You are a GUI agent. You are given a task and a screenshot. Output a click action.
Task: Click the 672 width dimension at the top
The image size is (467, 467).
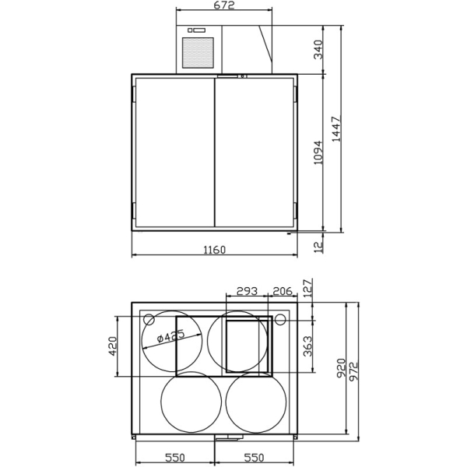(225, 5)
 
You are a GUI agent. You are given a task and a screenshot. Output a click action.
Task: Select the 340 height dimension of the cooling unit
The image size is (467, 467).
(318, 51)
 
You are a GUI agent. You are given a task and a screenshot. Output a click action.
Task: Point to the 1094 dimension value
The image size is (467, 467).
(318, 153)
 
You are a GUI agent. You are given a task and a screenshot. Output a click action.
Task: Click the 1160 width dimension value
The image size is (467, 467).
(214, 250)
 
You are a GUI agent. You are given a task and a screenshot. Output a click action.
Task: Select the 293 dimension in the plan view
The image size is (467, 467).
(247, 291)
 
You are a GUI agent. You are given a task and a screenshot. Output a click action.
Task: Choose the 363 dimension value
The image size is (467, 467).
(307, 345)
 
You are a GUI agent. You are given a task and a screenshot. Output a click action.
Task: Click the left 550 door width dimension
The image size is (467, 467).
(174, 458)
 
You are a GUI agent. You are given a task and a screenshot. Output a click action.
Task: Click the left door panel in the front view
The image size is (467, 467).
(174, 152)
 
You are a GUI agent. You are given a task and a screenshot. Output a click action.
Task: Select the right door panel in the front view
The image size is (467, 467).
(255, 152)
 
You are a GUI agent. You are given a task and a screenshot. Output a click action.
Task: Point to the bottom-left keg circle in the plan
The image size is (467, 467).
(189, 403)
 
